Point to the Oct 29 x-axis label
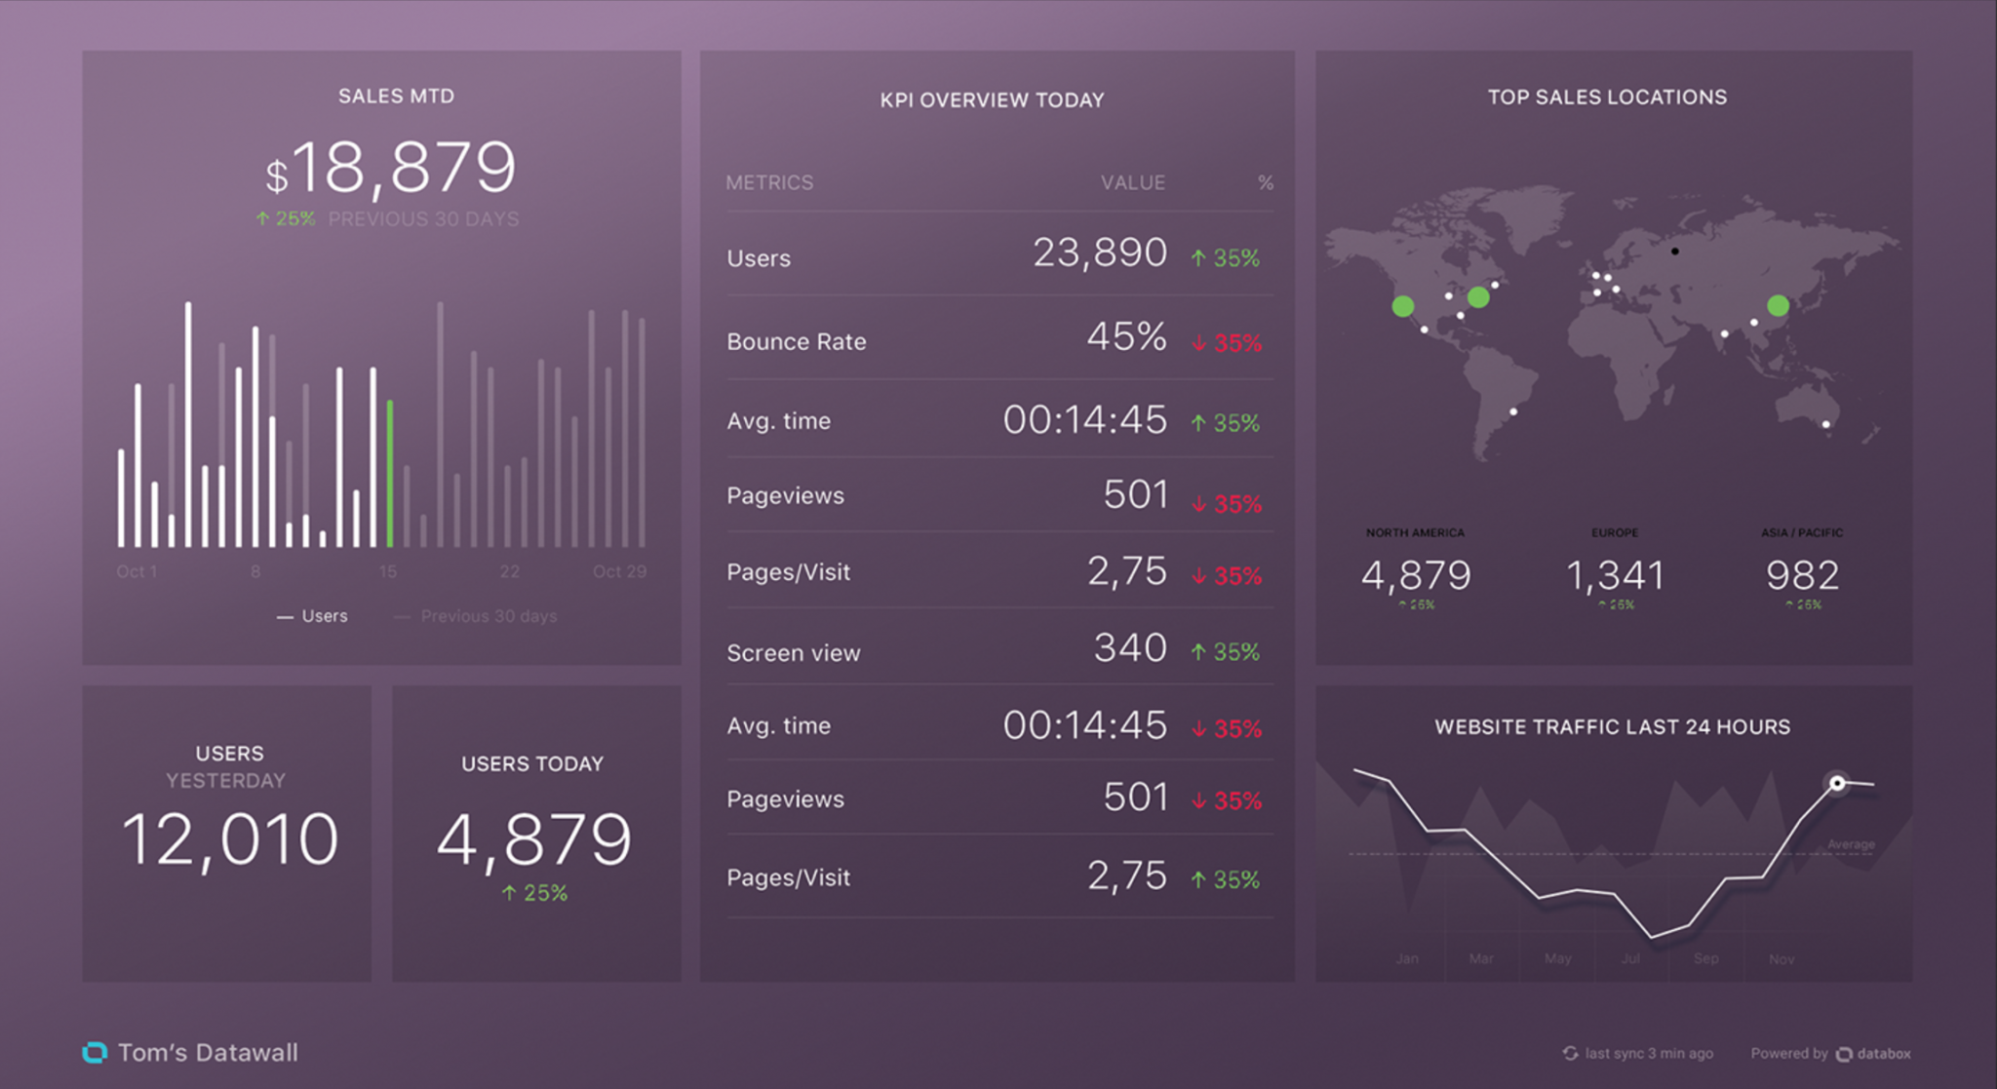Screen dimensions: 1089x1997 click(x=619, y=571)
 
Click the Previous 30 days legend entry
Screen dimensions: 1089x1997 click(x=488, y=616)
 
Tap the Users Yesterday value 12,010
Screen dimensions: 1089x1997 click(x=230, y=839)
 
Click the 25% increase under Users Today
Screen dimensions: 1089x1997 click(x=534, y=893)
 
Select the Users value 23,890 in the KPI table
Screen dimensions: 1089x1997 click(x=1099, y=253)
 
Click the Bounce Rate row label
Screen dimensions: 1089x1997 click(x=796, y=342)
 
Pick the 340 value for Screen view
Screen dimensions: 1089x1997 click(x=1129, y=648)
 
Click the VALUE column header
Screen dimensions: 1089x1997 click(x=1132, y=183)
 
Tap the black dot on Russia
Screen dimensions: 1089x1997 click(x=1675, y=252)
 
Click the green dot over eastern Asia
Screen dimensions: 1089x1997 click(x=1778, y=306)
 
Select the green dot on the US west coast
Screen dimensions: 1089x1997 click(x=1403, y=307)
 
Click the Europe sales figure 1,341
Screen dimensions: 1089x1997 click(x=1615, y=575)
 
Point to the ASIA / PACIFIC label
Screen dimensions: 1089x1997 click(x=1801, y=532)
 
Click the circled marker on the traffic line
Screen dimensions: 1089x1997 click(x=1837, y=783)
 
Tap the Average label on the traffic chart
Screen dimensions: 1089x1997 click(x=1851, y=844)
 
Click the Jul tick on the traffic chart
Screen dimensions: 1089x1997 click(x=1630, y=959)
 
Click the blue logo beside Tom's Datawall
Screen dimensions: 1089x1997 click(x=95, y=1053)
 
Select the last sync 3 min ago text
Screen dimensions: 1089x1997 click(x=1648, y=1054)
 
